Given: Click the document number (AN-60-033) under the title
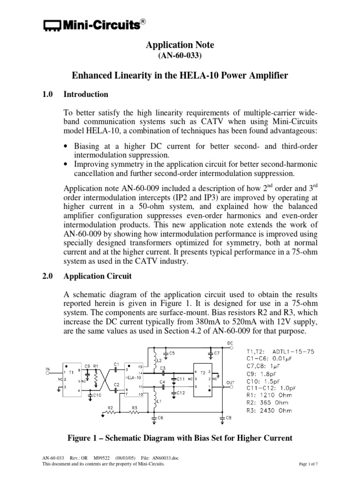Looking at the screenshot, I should [180, 55].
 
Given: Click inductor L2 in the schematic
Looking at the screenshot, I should [154, 360].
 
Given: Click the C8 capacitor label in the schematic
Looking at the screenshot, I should [228, 418].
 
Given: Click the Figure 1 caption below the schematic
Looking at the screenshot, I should [180, 438].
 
